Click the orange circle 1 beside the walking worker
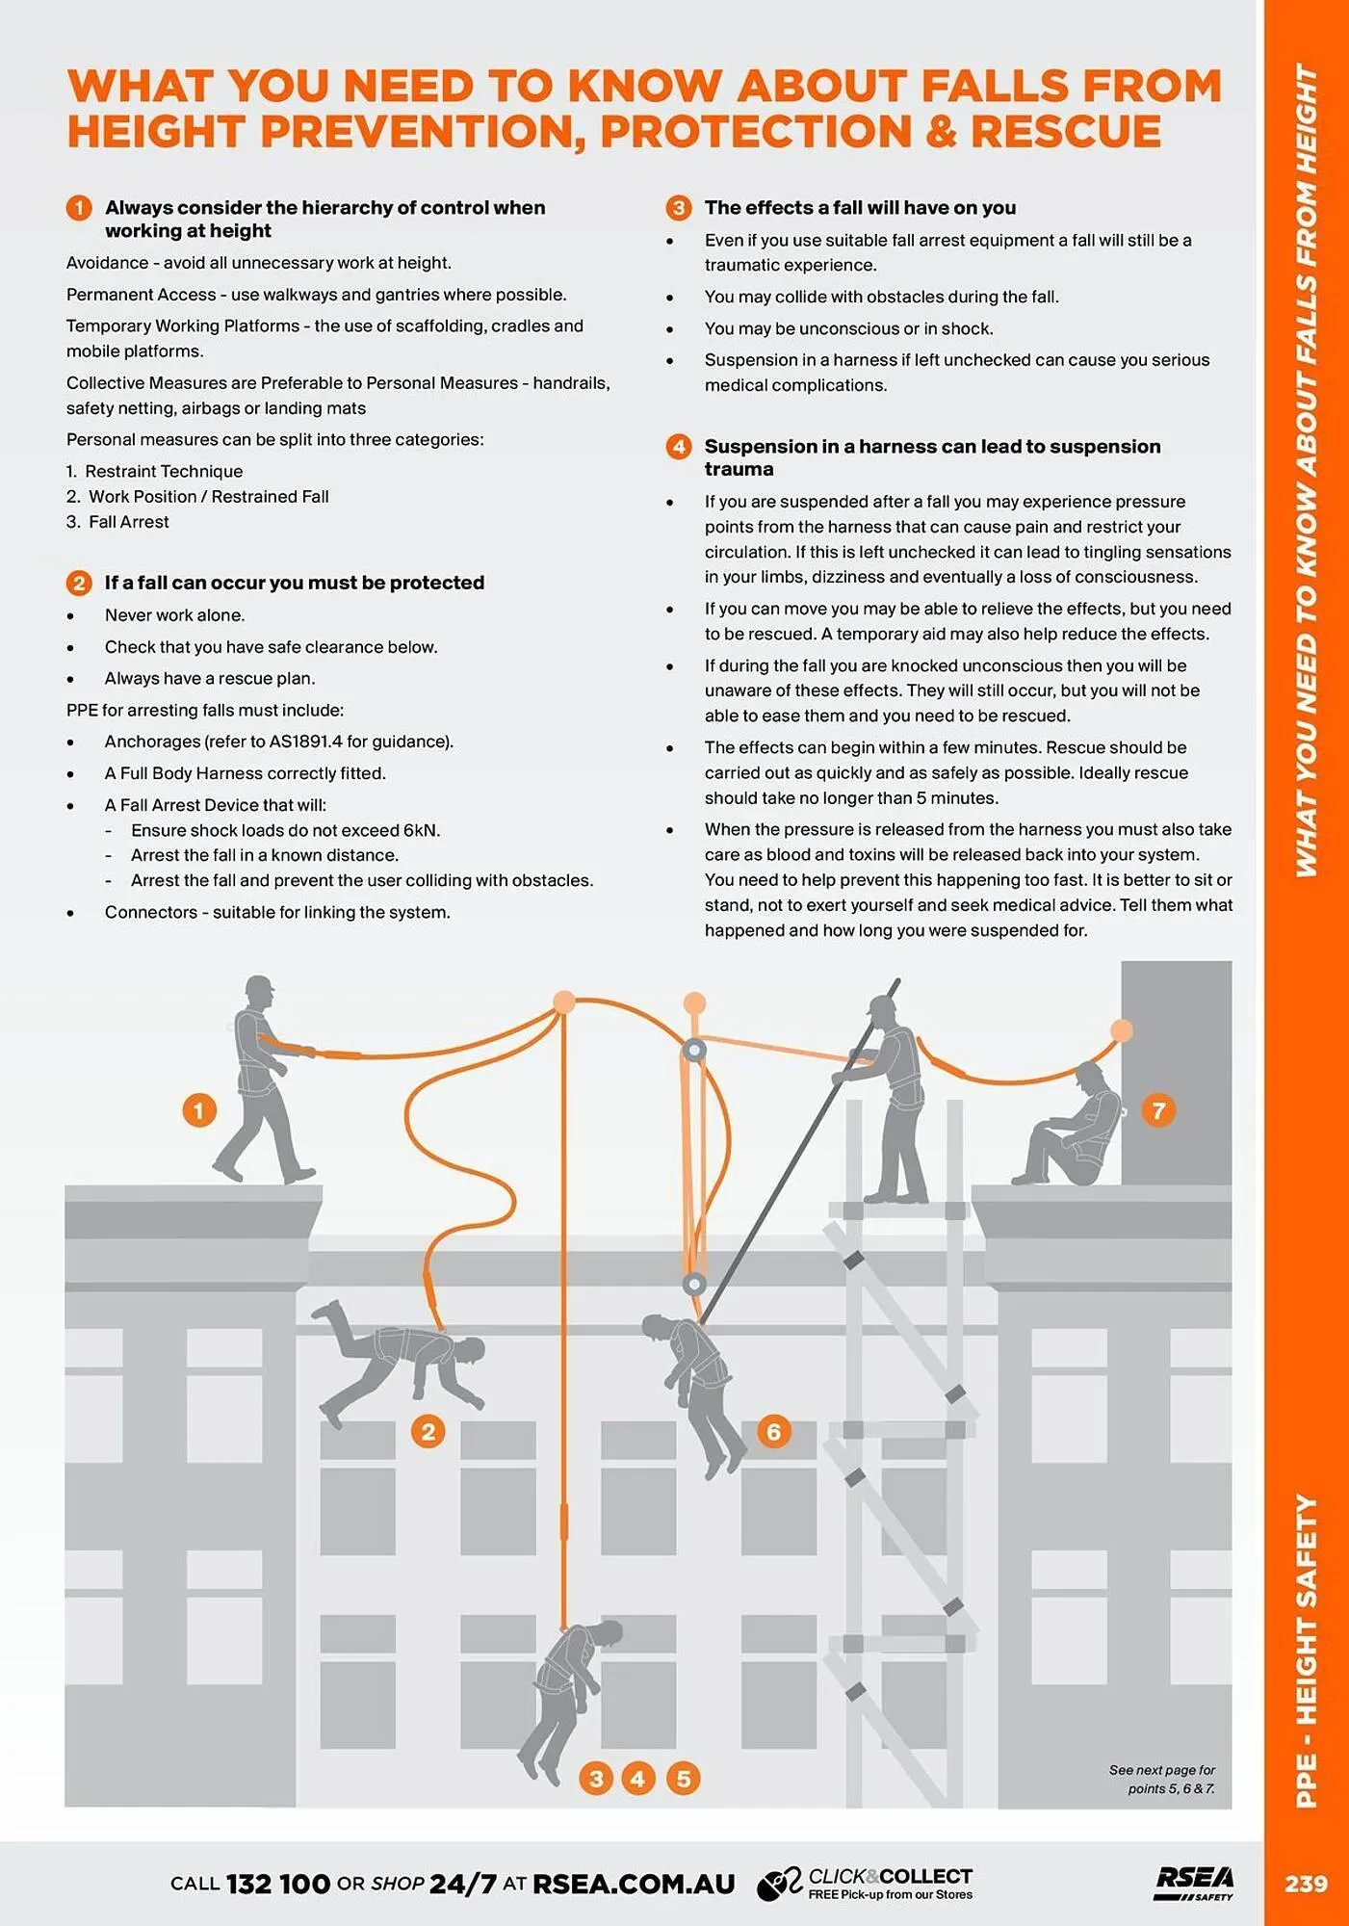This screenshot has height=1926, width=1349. [x=198, y=1110]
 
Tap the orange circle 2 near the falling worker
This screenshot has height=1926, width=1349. [x=428, y=1431]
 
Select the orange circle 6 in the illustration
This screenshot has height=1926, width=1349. [x=773, y=1431]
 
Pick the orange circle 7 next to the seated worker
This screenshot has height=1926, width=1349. [x=1158, y=1110]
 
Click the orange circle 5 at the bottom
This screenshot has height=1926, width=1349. [x=683, y=1778]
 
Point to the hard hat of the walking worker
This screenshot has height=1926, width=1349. [x=259, y=987]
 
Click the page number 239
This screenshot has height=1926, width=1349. [x=1305, y=1884]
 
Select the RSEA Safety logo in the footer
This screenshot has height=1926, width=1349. [x=1194, y=1883]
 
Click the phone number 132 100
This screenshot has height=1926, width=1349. [x=277, y=1884]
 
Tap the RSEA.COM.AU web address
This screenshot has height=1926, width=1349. [x=633, y=1884]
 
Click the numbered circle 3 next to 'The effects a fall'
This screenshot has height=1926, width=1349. [x=678, y=208]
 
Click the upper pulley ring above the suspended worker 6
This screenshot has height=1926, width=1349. [x=693, y=1050]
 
